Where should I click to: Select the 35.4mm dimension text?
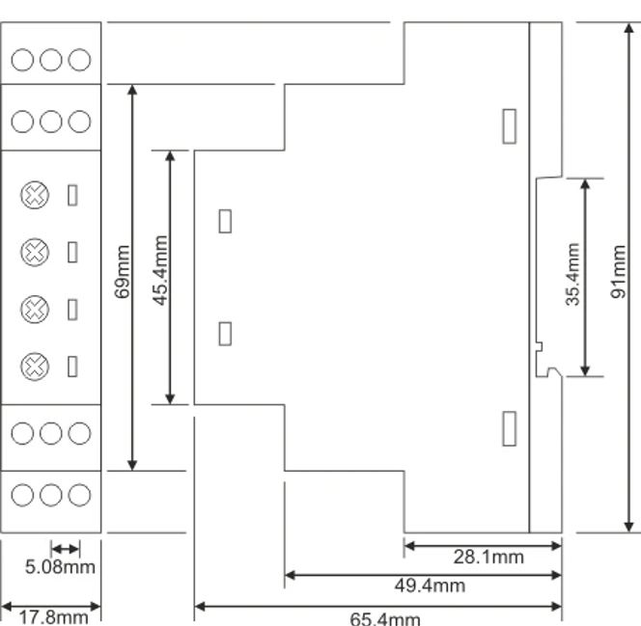572,275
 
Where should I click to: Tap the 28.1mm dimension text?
488,557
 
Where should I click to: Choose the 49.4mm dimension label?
429,585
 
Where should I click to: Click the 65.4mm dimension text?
384,618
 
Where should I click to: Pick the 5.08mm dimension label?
60,566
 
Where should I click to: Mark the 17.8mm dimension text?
46,615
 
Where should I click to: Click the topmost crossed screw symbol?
35,196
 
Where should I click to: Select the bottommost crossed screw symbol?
35,366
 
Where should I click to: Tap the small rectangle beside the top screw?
72,195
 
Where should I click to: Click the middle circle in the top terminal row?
50,60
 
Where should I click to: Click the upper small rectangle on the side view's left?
225,221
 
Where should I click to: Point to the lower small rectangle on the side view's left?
225,334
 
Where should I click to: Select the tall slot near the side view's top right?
510,125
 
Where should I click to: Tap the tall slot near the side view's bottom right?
510,428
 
